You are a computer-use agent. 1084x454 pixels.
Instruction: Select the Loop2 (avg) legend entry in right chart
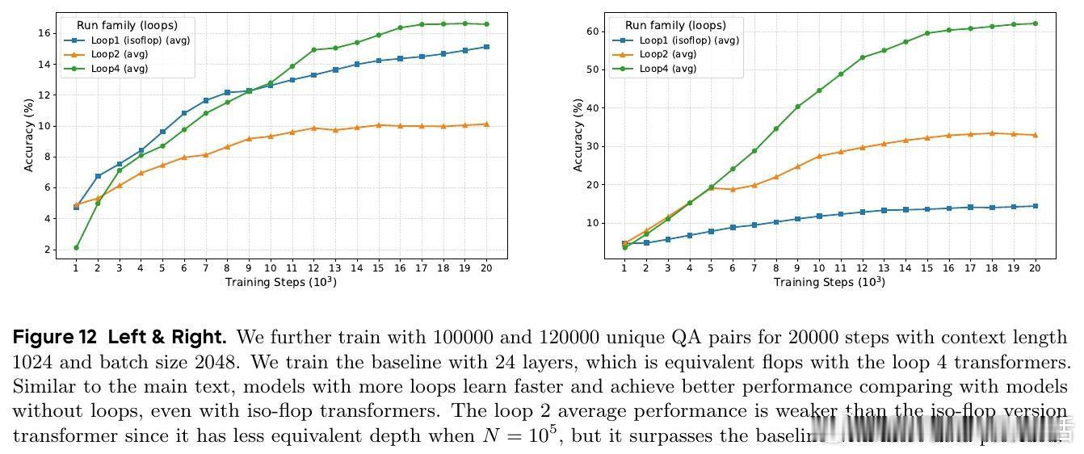[x=667, y=54]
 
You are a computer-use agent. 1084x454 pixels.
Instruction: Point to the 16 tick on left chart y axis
[x=45, y=33]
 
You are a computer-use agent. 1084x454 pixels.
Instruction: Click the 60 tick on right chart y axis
[x=594, y=32]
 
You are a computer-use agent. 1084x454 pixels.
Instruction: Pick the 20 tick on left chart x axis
[x=486, y=268]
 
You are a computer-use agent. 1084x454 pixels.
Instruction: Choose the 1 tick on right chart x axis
[x=624, y=268]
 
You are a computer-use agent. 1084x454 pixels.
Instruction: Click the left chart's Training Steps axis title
[x=280, y=282]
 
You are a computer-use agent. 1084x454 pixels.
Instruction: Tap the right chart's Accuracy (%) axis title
[x=578, y=135]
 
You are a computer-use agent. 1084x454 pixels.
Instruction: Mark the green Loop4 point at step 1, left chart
[x=76, y=247]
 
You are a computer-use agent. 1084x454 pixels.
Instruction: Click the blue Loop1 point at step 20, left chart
[x=486, y=47]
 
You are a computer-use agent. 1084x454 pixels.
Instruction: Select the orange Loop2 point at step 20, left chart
[x=486, y=124]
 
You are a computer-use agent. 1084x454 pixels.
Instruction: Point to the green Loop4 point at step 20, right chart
[x=1035, y=23]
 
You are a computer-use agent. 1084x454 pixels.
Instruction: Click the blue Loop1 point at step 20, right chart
[x=1035, y=206]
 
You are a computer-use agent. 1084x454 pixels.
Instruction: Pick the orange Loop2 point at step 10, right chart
[x=819, y=156]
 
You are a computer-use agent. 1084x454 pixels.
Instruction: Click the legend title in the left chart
[x=127, y=25]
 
